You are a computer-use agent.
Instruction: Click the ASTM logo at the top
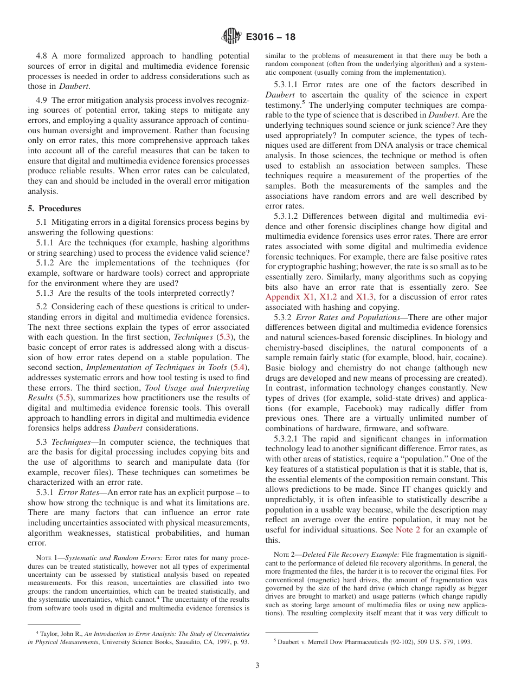231,37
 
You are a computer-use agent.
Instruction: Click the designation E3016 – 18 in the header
271,37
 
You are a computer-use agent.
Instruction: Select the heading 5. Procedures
54,209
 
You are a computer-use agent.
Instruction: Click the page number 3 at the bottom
257,666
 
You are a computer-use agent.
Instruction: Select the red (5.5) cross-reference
65,398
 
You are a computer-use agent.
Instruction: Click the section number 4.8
43,56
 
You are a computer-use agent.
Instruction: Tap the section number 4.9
43,100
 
